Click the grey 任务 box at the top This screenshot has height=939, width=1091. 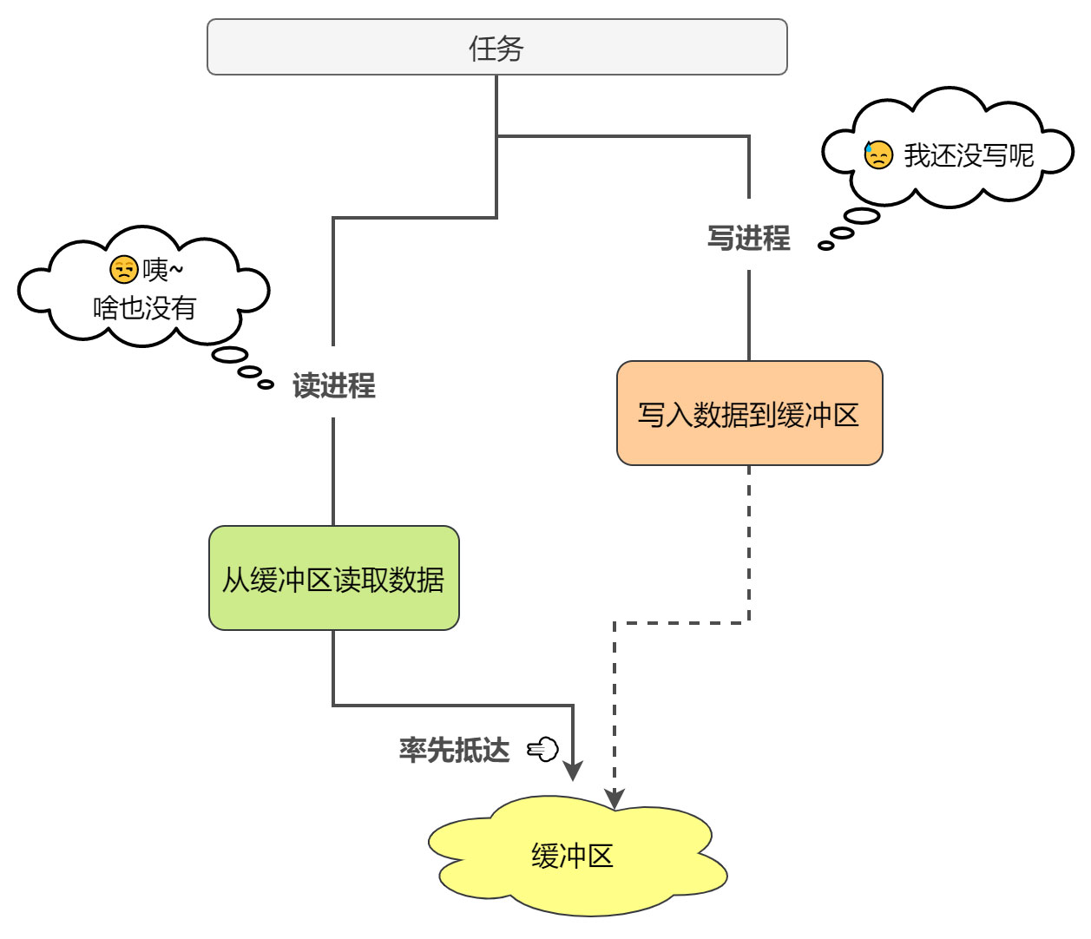click(x=496, y=47)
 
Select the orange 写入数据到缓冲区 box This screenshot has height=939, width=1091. click(x=749, y=414)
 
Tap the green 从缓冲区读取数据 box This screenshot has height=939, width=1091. click(x=333, y=578)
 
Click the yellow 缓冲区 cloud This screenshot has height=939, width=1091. click(x=573, y=856)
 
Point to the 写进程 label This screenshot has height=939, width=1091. click(x=748, y=238)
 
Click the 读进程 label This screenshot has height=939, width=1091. click(x=333, y=385)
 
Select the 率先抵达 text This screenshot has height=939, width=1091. click(x=454, y=749)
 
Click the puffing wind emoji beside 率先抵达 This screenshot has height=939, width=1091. click(x=543, y=749)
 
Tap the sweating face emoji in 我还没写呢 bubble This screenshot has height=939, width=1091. click(x=878, y=155)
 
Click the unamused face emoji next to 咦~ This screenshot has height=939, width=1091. click(x=124, y=270)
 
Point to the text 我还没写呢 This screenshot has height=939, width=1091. click(x=969, y=155)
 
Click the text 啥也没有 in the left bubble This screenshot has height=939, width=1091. click(x=145, y=307)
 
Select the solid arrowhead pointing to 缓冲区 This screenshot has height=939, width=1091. click(x=573, y=771)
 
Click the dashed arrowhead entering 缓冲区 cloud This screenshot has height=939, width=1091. click(x=615, y=798)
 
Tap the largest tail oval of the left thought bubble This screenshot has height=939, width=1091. click(x=230, y=354)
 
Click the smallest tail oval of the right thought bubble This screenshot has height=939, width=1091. click(x=825, y=246)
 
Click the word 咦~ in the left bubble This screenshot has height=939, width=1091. click(x=162, y=270)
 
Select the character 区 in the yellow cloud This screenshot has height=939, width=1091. click(x=600, y=856)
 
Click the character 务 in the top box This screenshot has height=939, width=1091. click(x=510, y=47)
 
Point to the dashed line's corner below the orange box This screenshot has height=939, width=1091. click(x=749, y=622)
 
